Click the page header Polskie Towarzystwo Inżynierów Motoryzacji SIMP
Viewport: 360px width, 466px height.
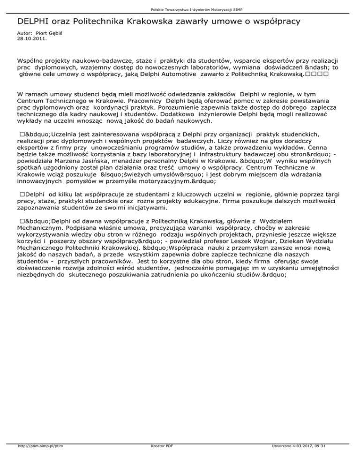pyautogui.click(x=180, y=9)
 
